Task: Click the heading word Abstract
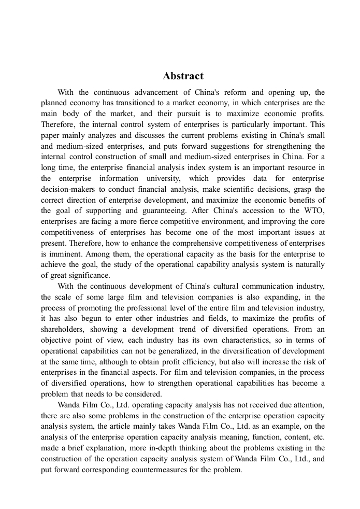183,76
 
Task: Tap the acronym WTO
314,210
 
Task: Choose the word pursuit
186,114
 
